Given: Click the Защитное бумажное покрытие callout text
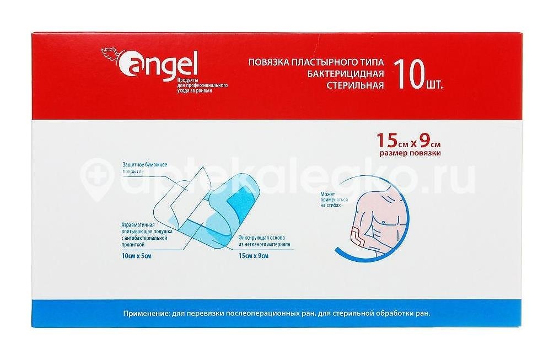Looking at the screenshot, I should pos(141,168).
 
